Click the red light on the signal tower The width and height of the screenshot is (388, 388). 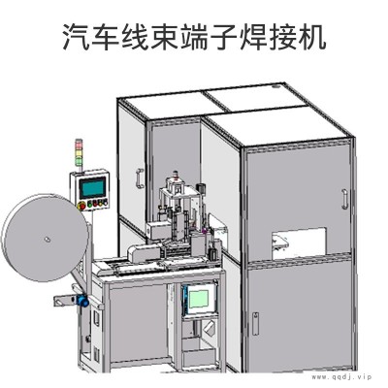(79, 145)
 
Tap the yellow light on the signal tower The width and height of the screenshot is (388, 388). (79, 152)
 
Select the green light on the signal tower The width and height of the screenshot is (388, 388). (79, 160)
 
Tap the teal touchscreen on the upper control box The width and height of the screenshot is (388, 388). (92, 188)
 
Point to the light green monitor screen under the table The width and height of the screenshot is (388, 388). (199, 299)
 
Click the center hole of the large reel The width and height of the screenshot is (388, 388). (47, 240)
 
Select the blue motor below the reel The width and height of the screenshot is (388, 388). (82, 301)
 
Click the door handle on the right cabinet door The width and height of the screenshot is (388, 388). (345, 199)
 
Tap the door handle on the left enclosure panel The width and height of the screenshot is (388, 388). (140, 178)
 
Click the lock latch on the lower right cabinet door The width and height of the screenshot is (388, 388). (255, 324)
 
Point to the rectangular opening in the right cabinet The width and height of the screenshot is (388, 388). (298, 244)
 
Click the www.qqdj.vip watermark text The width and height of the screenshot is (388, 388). (341, 377)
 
